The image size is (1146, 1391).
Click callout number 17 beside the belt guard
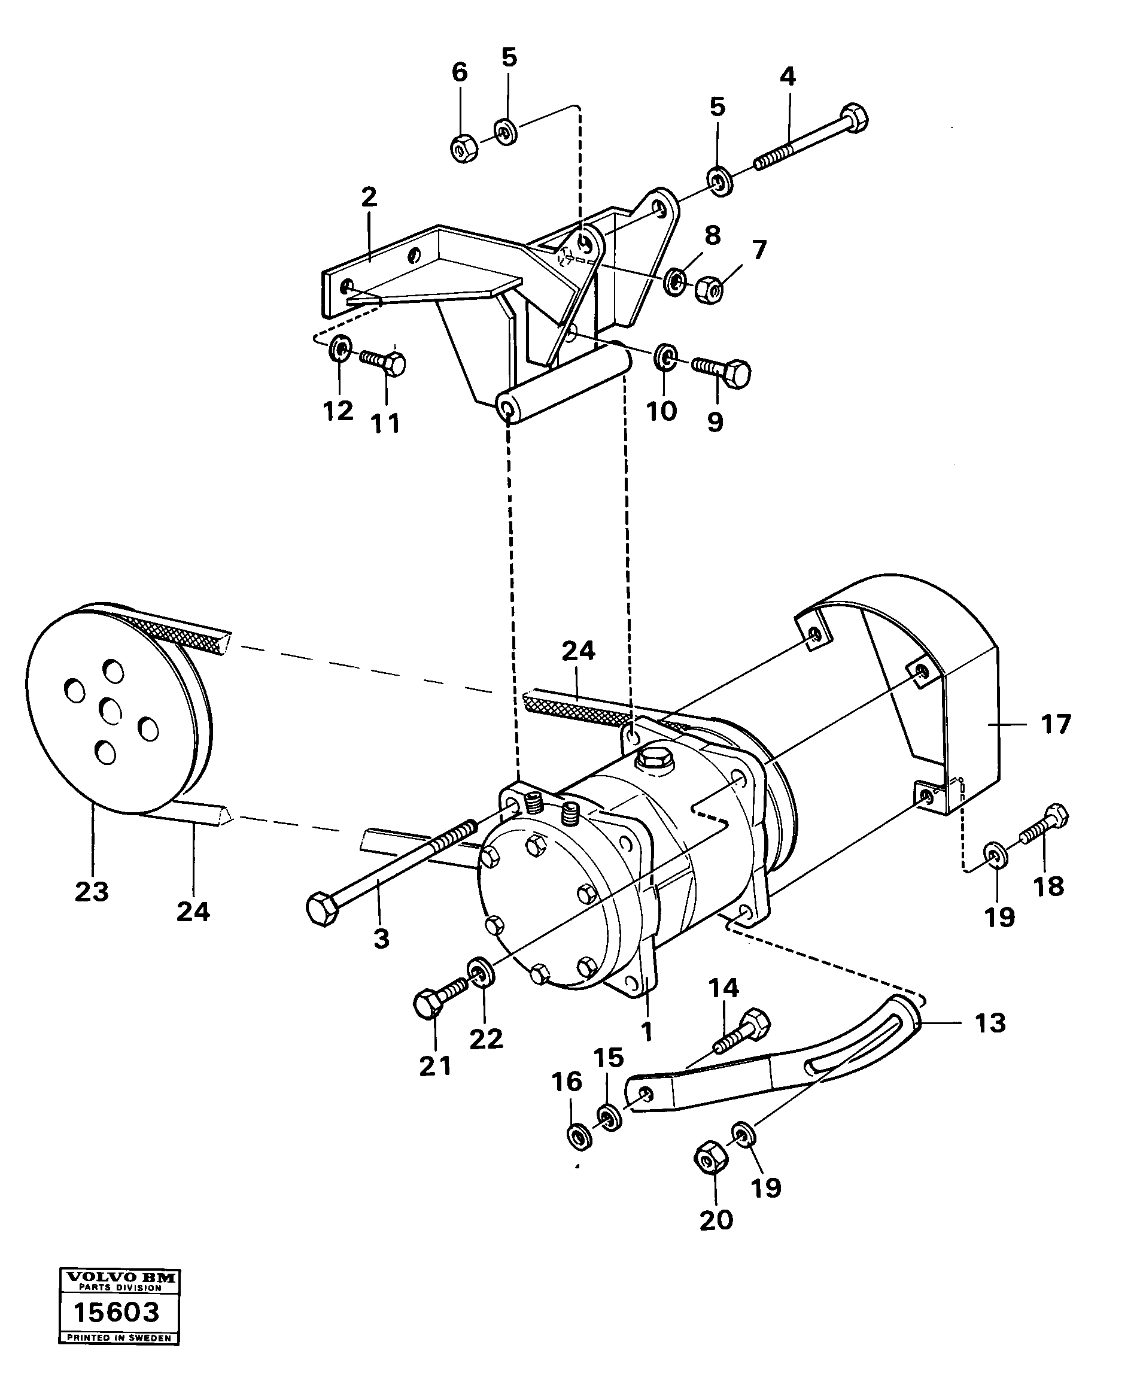coord(1055,724)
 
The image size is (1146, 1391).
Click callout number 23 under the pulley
coord(92,891)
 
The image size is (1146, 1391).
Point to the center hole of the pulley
coord(110,712)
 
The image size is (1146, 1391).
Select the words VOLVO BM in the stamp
coord(120,1277)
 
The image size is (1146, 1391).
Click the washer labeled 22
coord(479,972)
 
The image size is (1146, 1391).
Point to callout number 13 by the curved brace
coord(990,1023)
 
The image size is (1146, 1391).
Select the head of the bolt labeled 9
coord(738,373)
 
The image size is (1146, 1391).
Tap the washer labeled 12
coord(339,347)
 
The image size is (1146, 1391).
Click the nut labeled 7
coord(709,289)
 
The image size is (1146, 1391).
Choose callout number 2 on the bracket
coord(369,197)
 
